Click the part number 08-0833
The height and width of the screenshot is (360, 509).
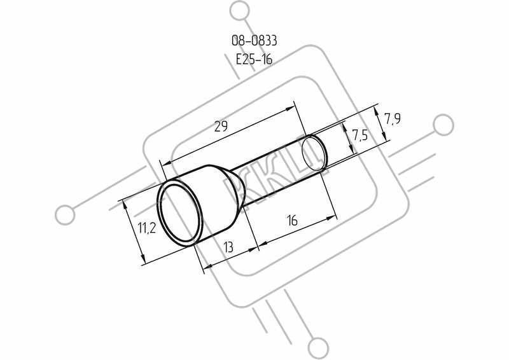pos(254,41)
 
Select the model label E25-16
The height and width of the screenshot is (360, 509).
pos(254,59)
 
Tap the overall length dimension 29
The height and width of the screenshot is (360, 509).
pos(221,126)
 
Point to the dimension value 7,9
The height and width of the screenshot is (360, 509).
pos(393,119)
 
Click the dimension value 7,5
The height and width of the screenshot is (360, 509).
pos(360,135)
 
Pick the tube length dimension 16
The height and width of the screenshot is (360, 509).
pos(292,221)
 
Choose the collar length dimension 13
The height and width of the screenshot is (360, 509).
pos(228,247)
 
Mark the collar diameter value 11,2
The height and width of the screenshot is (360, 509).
pos(148,228)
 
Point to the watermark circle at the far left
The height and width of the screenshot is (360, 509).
pos(65,215)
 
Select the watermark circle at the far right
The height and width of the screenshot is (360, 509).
pos(443,125)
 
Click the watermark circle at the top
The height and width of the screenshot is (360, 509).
pos(241,11)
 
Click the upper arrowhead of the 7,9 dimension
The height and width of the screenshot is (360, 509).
pos(376,111)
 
